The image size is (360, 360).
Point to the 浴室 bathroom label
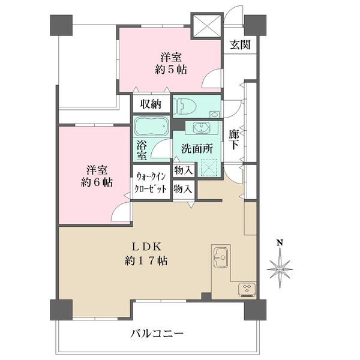142,151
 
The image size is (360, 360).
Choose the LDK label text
145,245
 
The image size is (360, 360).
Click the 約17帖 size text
146,261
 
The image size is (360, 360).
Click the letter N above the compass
280,243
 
